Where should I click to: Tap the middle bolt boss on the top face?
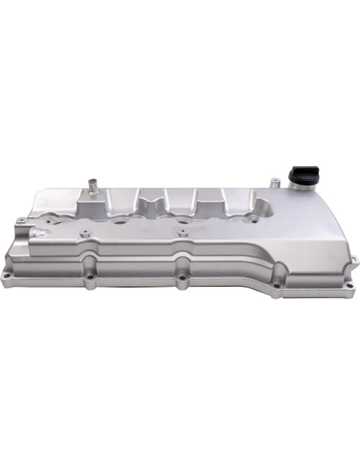[182, 234]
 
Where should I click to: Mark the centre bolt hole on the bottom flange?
[182, 280]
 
